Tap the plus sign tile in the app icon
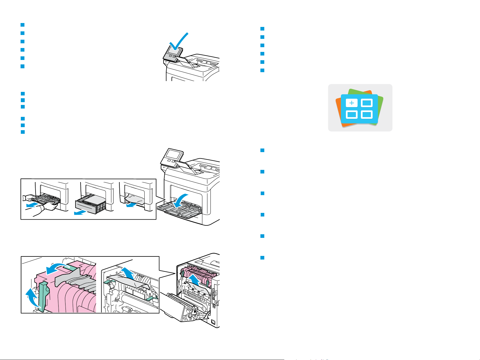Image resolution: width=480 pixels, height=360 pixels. pyautogui.click(x=352, y=103)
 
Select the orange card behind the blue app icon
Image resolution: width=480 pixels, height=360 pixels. pyautogui.click(x=339, y=111)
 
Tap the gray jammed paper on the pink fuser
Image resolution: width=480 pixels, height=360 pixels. pyautogui.click(x=74, y=280)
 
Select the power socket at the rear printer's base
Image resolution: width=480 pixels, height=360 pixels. pyautogui.click(x=213, y=322)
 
